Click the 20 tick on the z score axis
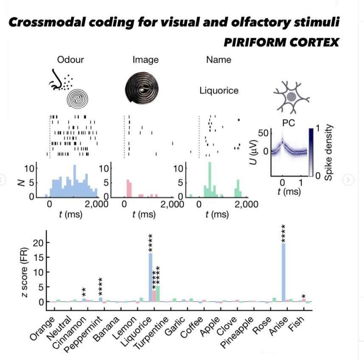(38, 243)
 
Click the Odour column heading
(70, 60)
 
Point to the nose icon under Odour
(56, 80)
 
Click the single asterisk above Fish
(303, 296)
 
